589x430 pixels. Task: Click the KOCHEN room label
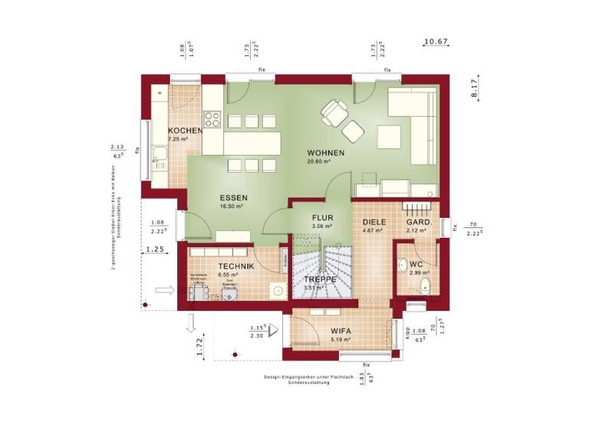tap(185, 131)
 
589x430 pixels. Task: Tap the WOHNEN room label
tap(326, 153)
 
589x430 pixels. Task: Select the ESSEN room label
tap(231, 197)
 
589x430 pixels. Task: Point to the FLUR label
tap(322, 217)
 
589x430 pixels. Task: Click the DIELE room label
tap(373, 222)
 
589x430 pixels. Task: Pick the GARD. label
tap(419, 222)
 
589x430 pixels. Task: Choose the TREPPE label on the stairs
tap(320, 279)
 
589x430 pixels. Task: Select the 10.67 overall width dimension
tap(436, 41)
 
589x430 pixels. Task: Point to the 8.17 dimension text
tap(475, 89)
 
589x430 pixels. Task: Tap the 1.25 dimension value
tap(156, 250)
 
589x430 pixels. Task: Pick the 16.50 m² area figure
tap(231, 206)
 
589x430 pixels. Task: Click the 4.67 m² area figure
tap(373, 230)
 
